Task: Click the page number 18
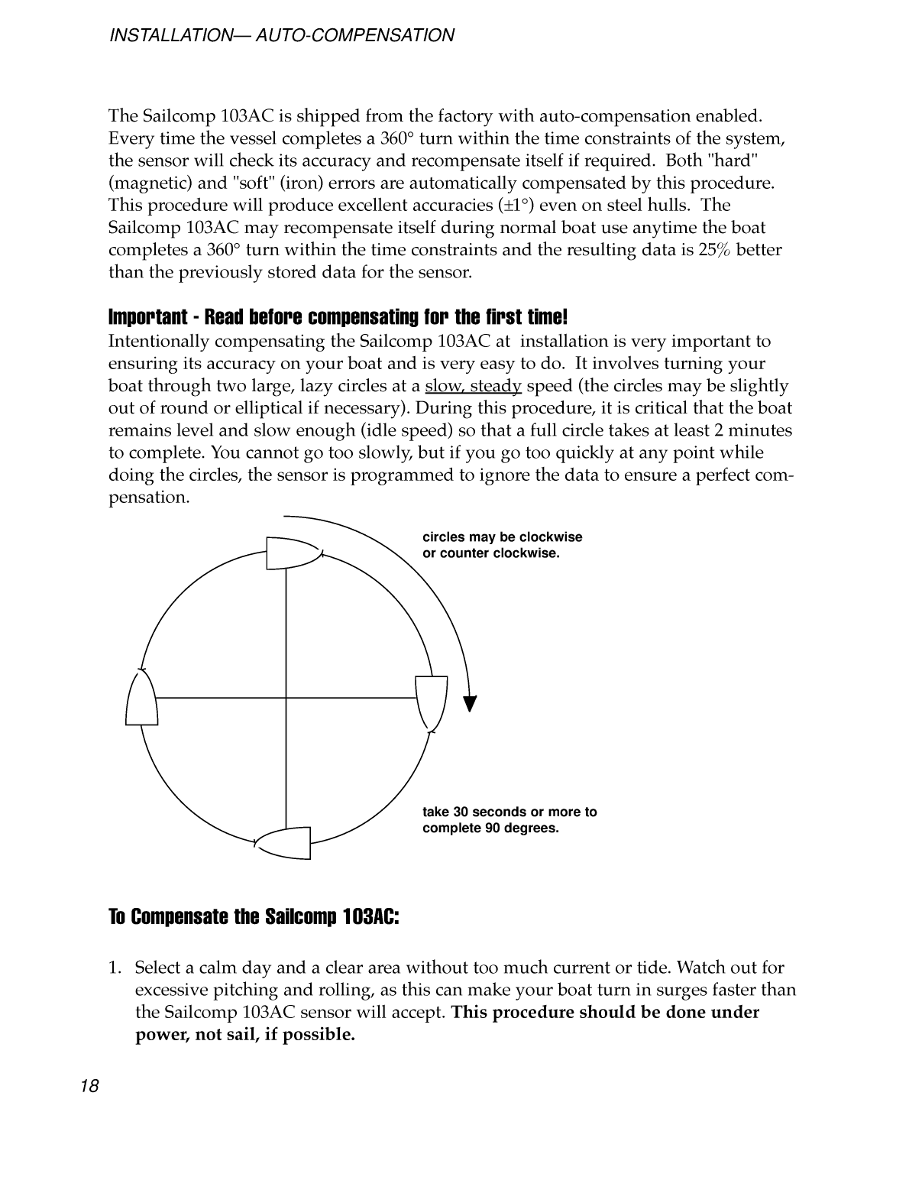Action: (x=89, y=1086)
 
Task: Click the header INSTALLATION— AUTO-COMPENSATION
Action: (x=282, y=35)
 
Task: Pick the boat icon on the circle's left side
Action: (x=142, y=699)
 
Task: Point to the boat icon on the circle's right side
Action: (x=431, y=702)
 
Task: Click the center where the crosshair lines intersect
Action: (x=286, y=698)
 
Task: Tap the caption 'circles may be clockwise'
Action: (x=502, y=537)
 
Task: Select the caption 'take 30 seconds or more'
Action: (x=509, y=812)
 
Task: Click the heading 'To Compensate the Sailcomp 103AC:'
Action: (x=254, y=916)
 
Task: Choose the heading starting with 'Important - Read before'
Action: (x=338, y=316)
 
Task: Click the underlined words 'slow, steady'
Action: (x=473, y=386)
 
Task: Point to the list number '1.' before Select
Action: (x=115, y=968)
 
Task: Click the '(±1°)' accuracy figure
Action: (x=520, y=206)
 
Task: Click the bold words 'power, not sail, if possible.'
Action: (x=244, y=1036)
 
